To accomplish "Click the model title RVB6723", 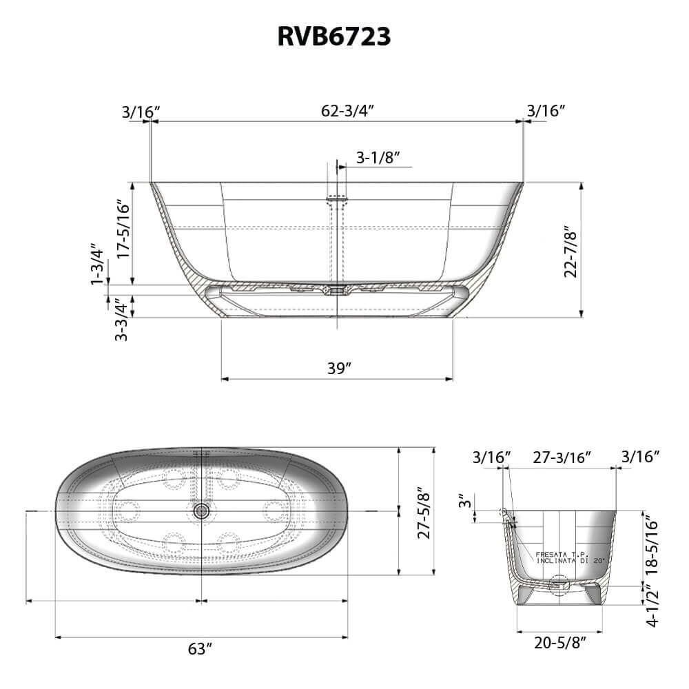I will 334,36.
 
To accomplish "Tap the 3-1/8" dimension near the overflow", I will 378,158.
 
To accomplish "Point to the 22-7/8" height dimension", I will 570,251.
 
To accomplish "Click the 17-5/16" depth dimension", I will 123,229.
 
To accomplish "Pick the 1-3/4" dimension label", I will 97,263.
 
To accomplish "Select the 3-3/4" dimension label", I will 121,319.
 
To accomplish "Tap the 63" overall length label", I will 199,648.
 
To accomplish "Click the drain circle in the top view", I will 202,511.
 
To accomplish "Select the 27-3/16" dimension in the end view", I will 562,456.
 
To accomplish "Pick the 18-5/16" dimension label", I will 655,546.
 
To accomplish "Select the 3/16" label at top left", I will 141,110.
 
